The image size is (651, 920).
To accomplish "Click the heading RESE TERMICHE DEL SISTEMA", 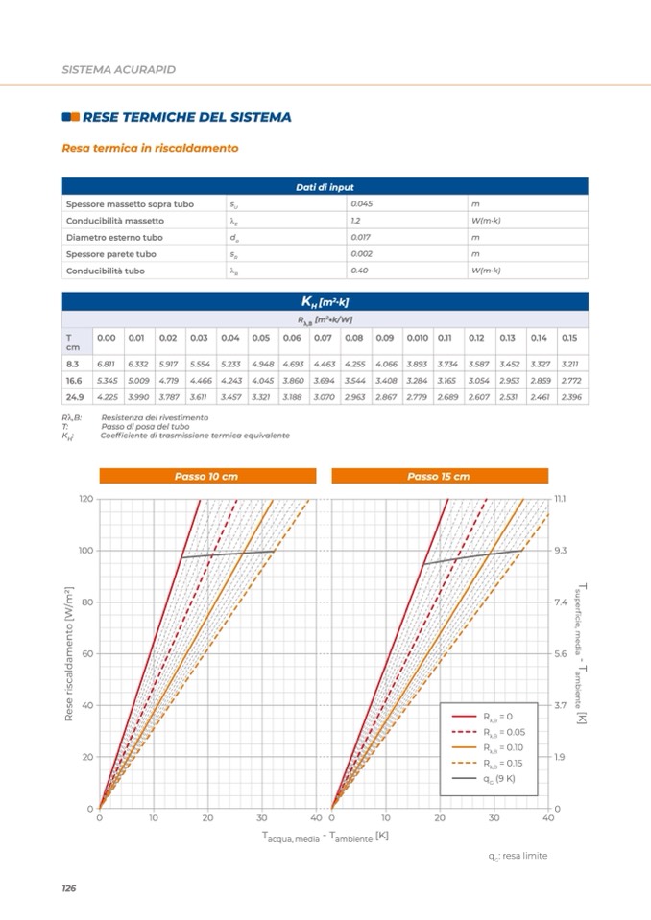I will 186,117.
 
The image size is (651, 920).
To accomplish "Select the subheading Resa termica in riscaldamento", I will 150,149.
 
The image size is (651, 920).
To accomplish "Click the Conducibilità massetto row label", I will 115,221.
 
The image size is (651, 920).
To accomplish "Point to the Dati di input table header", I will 325,187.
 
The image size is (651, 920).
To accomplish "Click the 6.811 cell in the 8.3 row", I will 106,365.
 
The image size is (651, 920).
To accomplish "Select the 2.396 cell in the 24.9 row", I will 570,396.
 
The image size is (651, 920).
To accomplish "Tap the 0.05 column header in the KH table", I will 260,338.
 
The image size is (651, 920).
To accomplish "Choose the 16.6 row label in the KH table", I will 73,381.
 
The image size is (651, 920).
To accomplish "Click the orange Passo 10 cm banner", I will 206,476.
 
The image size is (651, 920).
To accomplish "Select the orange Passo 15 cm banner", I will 439,476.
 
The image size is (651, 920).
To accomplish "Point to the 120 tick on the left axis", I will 86,499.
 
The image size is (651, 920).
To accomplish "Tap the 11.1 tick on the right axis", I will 562,499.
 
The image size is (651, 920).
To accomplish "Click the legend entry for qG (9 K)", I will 499,778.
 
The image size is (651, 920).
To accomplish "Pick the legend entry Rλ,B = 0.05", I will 499,732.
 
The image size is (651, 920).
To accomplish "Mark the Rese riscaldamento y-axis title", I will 70,653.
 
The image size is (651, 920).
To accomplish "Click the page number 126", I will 68,888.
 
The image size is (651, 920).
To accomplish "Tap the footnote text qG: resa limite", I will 517,856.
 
